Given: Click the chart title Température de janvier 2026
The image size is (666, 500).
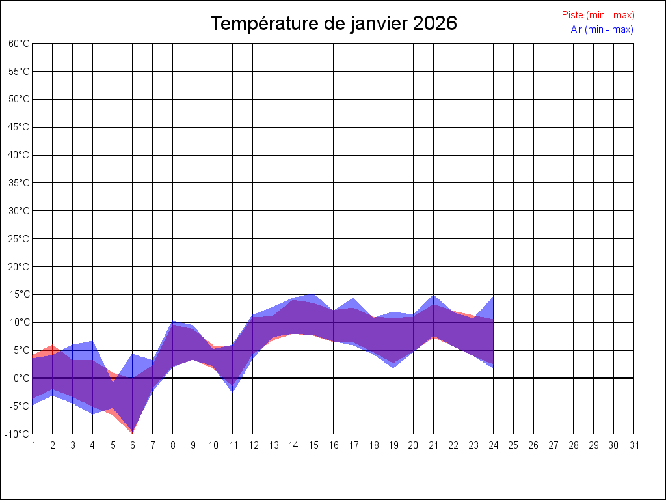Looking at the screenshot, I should click(x=334, y=23).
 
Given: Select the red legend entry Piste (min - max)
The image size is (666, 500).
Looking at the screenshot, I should click(x=598, y=15).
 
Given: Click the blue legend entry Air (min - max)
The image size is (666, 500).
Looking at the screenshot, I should click(x=602, y=29).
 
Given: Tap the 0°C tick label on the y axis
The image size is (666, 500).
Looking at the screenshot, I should click(x=22, y=378).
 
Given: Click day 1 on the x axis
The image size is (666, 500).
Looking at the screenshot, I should click(x=33, y=445).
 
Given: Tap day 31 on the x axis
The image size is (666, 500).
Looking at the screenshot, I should click(x=633, y=445).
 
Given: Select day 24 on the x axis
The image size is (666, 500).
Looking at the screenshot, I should click(x=493, y=445).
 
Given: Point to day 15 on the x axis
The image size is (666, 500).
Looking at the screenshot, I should click(x=313, y=445).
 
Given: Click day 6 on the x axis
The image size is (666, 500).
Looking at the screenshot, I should click(x=133, y=445).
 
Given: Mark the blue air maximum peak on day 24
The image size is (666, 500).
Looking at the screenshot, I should click(x=493, y=297).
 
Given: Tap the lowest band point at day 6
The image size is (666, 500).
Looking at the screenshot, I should click(x=133, y=432).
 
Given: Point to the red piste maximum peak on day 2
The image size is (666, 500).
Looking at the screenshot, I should click(x=53, y=345).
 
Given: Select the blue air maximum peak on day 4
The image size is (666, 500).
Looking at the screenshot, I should click(x=92, y=341).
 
